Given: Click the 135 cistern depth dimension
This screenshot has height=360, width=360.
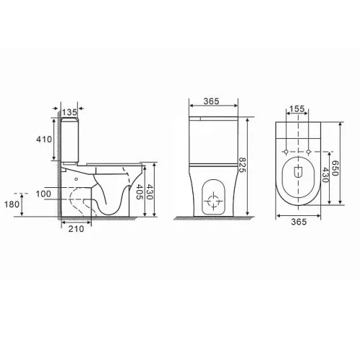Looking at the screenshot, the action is pos(69,112).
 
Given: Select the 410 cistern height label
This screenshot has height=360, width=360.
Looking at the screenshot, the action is pos(44,139).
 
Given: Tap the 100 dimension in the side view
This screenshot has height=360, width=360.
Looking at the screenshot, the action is pos(43,194).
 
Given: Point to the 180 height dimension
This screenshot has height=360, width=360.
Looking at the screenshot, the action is pos(12,204).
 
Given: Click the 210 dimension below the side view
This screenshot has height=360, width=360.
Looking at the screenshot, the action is pos(76,229).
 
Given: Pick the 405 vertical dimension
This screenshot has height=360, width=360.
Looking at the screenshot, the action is pos(139,192).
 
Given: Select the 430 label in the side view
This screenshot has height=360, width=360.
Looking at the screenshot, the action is pos(149,192).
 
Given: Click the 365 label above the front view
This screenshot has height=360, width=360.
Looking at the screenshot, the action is pos(212,102).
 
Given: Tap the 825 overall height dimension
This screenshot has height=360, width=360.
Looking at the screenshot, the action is pos(242,165).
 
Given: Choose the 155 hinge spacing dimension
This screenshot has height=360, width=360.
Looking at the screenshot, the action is pos(297,109).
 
